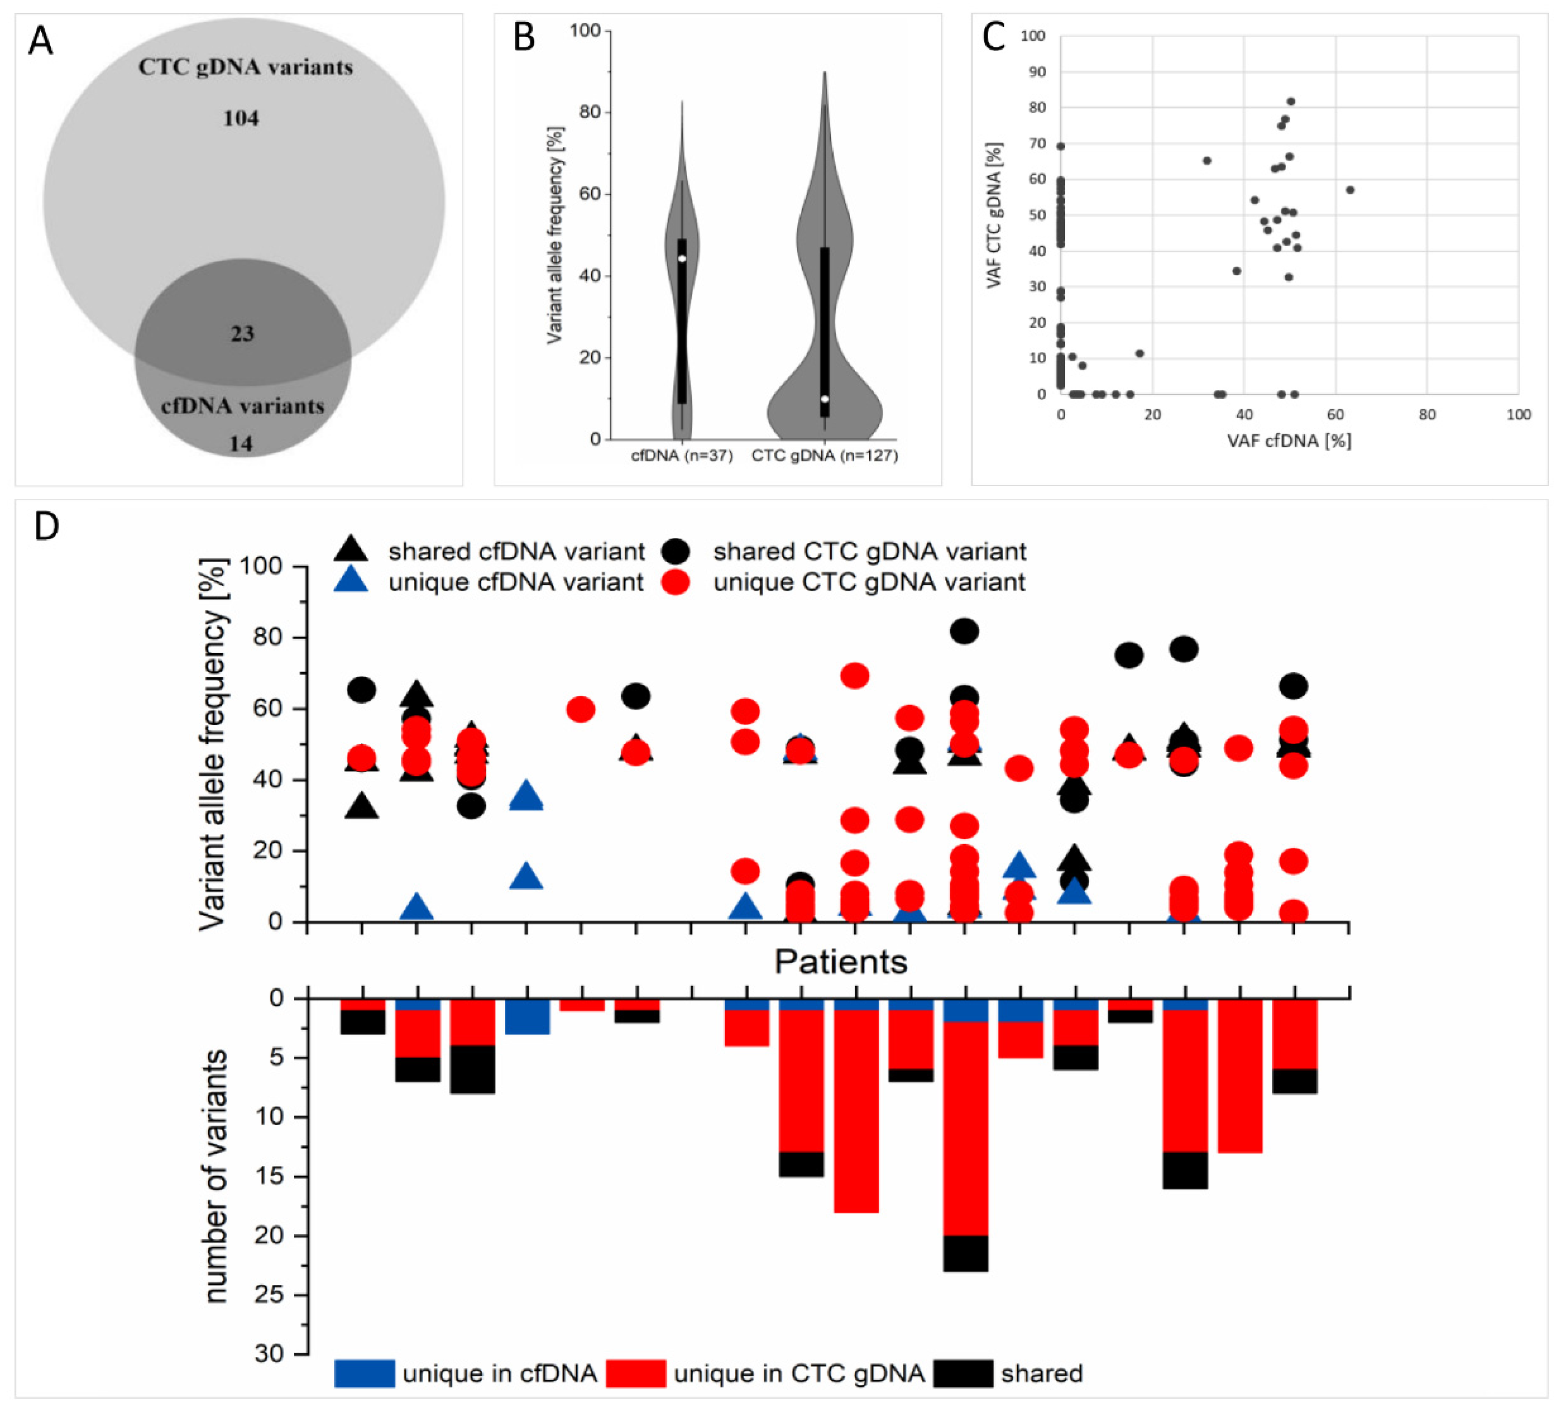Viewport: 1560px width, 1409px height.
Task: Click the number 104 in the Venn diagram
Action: [241, 119]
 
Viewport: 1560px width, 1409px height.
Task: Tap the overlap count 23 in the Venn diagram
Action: [242, 333]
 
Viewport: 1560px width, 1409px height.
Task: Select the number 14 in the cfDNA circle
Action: [241, 444]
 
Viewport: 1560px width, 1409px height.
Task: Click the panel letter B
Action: [524, 37]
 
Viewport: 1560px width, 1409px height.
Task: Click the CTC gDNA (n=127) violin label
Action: [825, 456]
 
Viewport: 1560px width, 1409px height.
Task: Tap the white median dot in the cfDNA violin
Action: [682, 258]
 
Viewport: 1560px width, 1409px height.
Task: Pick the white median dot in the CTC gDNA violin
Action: [825, 399]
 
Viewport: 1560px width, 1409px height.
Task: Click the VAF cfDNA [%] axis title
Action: [1289, 441]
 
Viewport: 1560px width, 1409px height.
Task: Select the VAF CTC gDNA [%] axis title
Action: [994, 216]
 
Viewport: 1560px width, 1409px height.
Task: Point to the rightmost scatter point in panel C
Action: [1350, 190]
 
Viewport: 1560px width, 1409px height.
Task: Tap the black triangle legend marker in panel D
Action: [352, 549]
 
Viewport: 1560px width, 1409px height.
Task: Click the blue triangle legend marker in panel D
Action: [352, 580]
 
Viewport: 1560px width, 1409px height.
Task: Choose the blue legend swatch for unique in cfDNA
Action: [365, 1373]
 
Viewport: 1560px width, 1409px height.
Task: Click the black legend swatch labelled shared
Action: [963, 1373]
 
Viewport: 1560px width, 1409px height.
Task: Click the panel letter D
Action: [46, 527]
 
